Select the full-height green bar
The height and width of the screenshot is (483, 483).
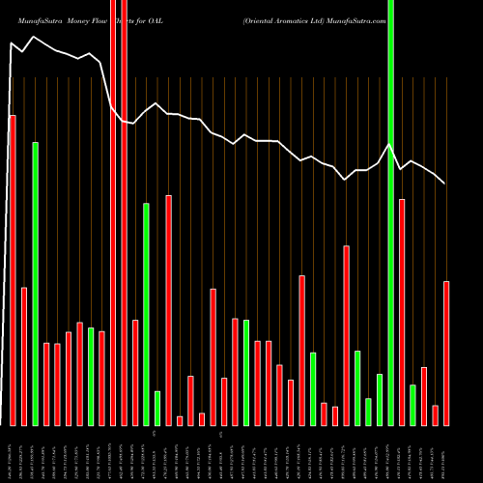(x=390, y=213)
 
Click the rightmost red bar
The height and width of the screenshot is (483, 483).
(x=446, y=353)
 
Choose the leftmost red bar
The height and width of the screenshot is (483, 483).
(x=13, y=270)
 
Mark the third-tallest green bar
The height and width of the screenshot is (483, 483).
(x=146, y=314)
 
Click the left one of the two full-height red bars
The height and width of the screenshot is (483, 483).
(x=113, y=213)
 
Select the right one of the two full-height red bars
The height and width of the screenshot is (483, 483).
(x=124, y=213)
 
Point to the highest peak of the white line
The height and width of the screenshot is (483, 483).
(x=34, y=37)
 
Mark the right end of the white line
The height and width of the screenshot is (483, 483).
(x=445, y=183)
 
